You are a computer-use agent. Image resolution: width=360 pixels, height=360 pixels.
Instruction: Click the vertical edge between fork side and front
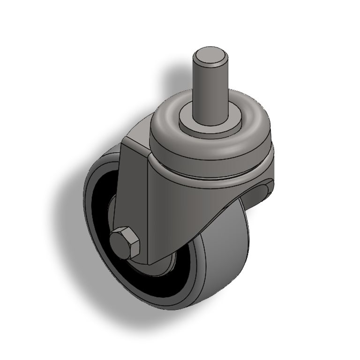pos(149,211)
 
